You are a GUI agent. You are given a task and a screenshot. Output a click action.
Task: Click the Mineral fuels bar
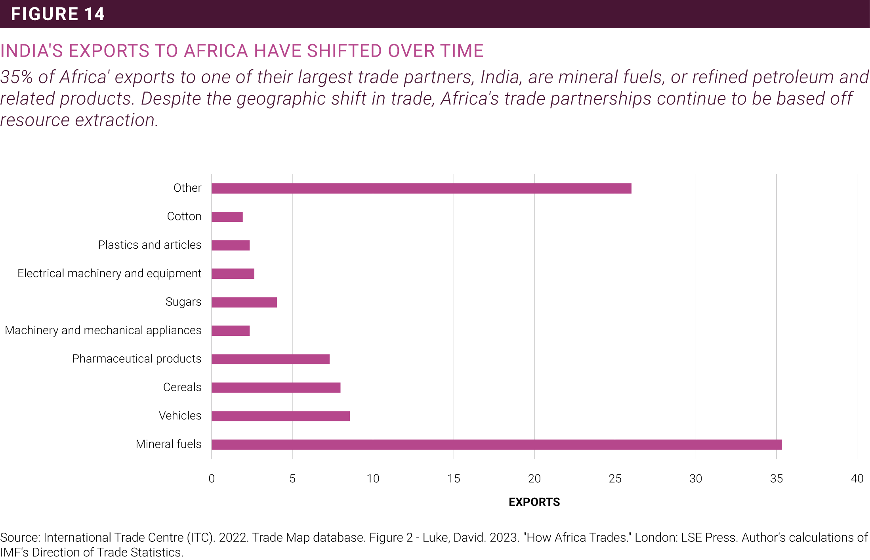pyautogui.click(x=496, y=444)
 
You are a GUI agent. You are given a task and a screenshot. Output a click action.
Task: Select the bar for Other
pyautogui.click(x=421, y=189)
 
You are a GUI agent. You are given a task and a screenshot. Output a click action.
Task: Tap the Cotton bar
pyautogui.click(x=227, y=217)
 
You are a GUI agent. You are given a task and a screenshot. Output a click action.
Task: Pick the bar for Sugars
pyautogui.click(x=244, y=303)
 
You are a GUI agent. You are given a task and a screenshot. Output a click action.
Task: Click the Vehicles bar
pyautogui.click(x=280, y=416)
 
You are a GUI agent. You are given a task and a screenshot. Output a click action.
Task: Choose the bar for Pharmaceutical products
pyautogui.click(x=270, y=359)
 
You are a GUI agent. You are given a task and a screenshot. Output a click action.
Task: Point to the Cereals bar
pyautogui.click(x=276, y=388)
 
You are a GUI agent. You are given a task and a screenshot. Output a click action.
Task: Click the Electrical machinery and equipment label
pyautogui.click(x=109, y=274)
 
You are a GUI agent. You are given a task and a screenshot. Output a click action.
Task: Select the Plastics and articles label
pyautogui.click(x=149, y=245)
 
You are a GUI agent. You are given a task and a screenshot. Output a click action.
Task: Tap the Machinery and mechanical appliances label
pyautogui.click(x=103, y=330)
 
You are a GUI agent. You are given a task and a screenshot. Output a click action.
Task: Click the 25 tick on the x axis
pyautogui.click(x=615, y=479)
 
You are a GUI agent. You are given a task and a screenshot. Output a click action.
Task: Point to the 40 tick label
pyautogui.click(x=857, y=479)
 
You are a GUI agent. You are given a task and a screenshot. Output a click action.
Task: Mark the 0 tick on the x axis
pyautogui.click(x=212, y=479)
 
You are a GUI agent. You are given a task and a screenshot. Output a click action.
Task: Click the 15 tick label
pyautogui.click(x=454, y=479)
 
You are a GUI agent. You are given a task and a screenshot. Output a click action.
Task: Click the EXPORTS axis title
pyautogui.click(x=534, y=502)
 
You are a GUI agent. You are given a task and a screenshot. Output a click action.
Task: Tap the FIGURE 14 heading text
pyautogui.click(x=58, y=14)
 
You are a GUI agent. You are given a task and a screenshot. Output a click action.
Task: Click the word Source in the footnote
pyautogui.click(x=19, y=537)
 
